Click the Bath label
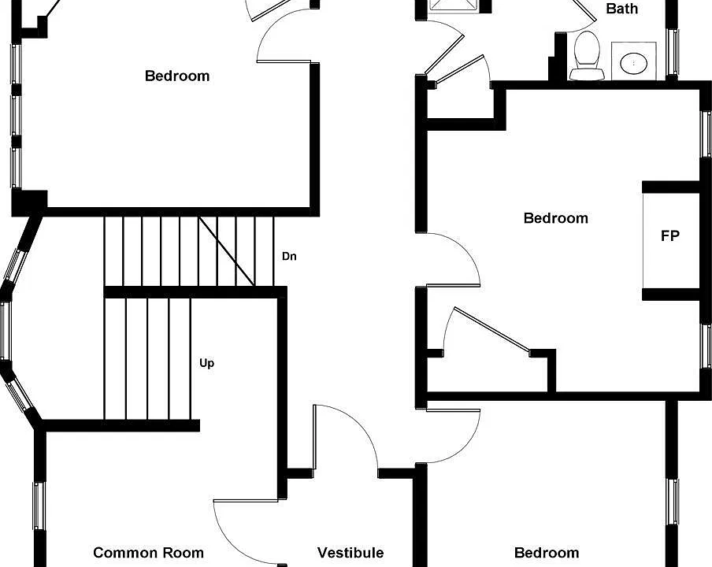[621, 9]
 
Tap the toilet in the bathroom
[587, 56]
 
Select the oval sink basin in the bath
[634, 63]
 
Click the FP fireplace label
[669, 236]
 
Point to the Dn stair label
[289, 257]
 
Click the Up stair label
[206, 363]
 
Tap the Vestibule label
[350, 553]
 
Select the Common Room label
[149, 553]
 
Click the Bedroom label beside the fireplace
[556, 218]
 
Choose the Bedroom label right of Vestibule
[547, 553]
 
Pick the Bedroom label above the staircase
[177, 76]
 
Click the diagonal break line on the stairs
[227, 251]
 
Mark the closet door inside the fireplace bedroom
[492, 330]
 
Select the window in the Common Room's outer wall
[39, 506]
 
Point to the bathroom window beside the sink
[672, 52]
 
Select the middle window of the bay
[6, 330]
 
